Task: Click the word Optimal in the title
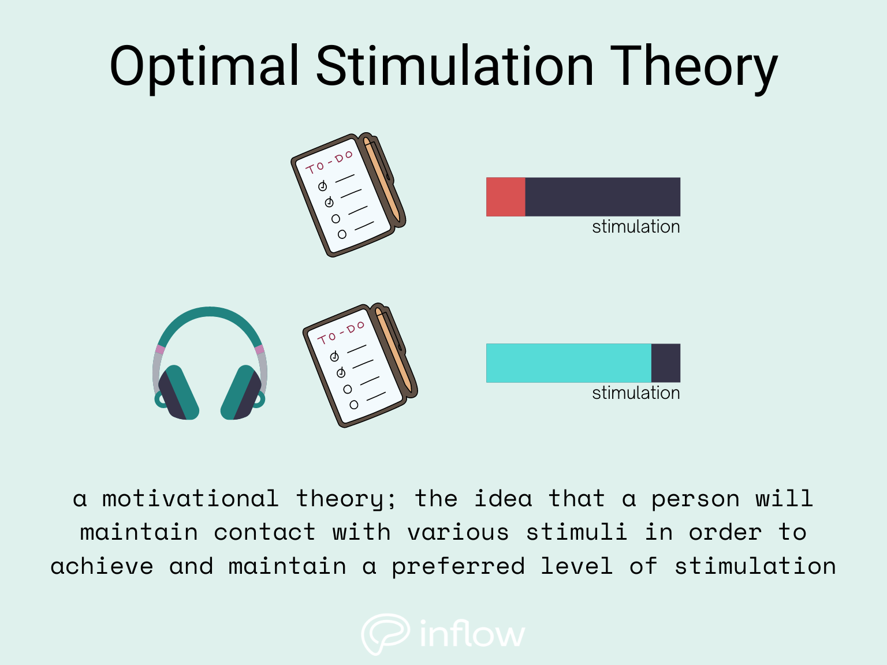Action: tap(204, 67)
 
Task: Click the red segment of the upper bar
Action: tap(505, 197)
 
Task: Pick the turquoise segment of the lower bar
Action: tap(568, 363)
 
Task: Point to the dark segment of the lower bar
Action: tap(666, 363)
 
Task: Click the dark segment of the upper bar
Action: tap(602, 197)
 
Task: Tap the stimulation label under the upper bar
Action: tap(636, 227)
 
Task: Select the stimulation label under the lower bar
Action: tap(636, 393)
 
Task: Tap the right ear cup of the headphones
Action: tap(242, 393)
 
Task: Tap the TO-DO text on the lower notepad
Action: tap(341, 332)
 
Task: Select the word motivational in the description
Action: tap(191, 499)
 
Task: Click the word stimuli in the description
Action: tap(576, 532)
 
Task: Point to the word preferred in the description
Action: tap(459, 566)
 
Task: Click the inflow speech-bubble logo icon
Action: tap(385, 633)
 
